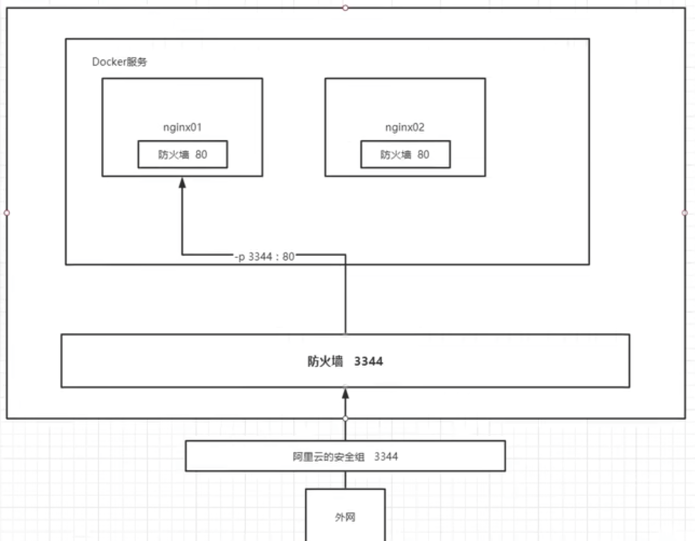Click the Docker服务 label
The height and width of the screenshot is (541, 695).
[119, 62]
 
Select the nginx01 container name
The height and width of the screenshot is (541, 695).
[182, 127]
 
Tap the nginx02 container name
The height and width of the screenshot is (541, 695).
[404, 127]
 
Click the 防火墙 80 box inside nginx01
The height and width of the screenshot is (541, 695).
[182, 154]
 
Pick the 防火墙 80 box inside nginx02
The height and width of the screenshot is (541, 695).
[405, 154]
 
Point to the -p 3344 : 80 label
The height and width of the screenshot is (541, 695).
[265, 257]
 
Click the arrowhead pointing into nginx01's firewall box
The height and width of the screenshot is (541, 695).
[182, 183]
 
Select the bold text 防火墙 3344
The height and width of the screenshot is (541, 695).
[345, 361]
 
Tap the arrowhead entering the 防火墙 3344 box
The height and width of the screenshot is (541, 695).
[346, 394]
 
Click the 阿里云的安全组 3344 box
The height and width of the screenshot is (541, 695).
[345, 456]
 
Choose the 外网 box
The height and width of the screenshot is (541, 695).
[345, 517]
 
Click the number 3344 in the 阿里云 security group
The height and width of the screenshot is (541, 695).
[386, 457]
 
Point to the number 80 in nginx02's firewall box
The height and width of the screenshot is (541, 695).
[424, 155]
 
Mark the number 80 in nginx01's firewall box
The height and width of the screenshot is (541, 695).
[201, 155]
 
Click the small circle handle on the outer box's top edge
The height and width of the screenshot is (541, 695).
[345, 8]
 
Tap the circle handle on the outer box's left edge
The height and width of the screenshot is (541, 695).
[6, 213]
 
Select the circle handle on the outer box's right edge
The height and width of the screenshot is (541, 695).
[685, 213]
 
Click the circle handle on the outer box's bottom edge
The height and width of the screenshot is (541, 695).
[346, 419]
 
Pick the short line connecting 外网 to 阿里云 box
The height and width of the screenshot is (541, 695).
[346, 480]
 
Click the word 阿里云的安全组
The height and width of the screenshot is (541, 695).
[328, 457]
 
